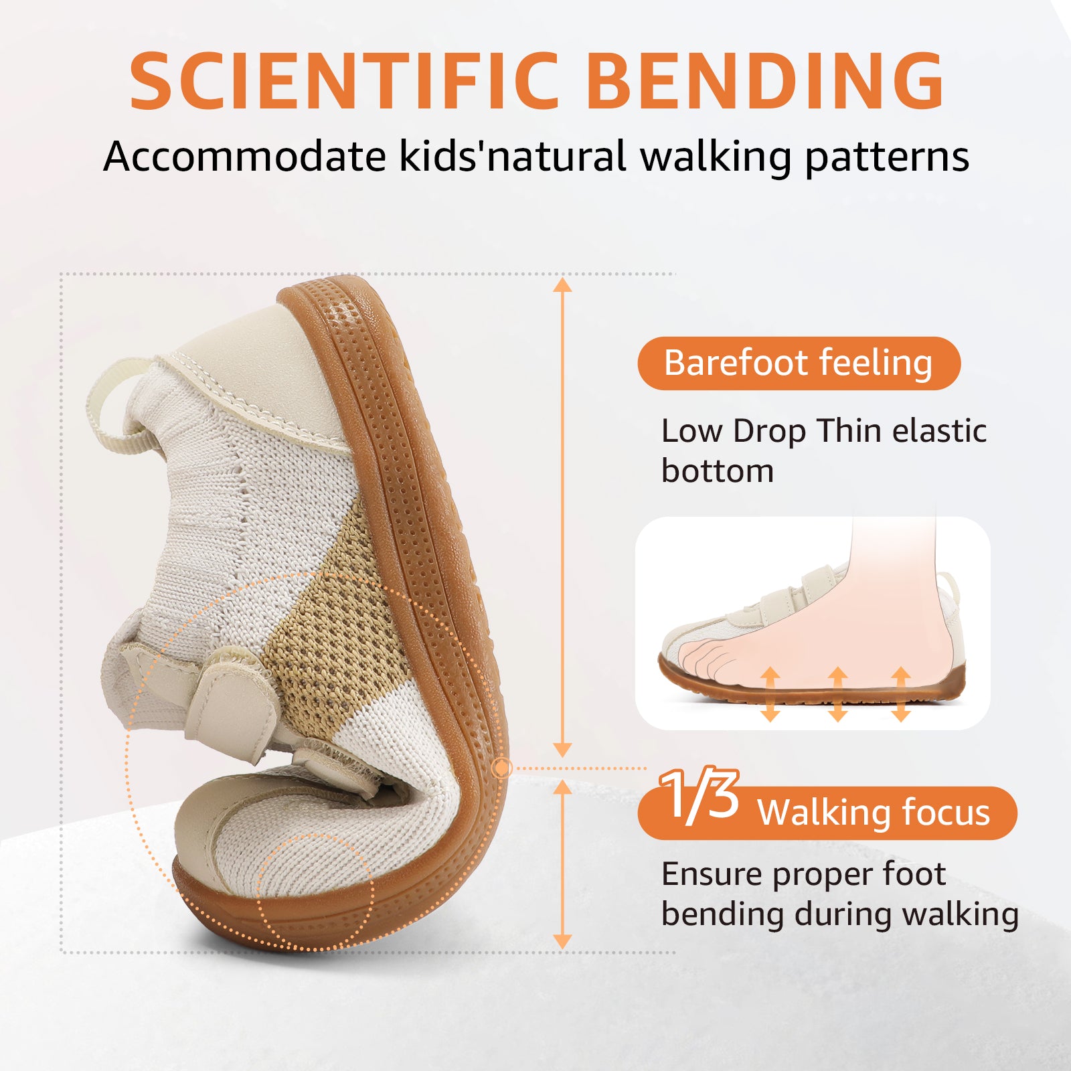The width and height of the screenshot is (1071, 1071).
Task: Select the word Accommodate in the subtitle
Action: click(x=244, y=157)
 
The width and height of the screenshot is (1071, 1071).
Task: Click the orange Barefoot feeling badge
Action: click(x=799, y=363)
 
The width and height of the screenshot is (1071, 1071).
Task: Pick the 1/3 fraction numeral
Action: click(x=699, y=795)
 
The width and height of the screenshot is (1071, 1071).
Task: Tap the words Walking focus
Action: click(x=874, y=813)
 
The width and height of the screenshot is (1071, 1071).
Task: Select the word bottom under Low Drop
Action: click(x=718, y=471)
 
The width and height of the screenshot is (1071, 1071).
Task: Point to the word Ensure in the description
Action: click(x=712, y=875)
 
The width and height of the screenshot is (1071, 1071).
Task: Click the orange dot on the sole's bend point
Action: click(x=501, y=768)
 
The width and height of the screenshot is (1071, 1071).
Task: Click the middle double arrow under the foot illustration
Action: click(x=837, y=695)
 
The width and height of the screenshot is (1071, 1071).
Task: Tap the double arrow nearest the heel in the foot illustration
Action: click(x=901, y=695)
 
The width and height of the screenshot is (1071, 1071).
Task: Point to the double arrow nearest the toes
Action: click(x=770, y=695)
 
